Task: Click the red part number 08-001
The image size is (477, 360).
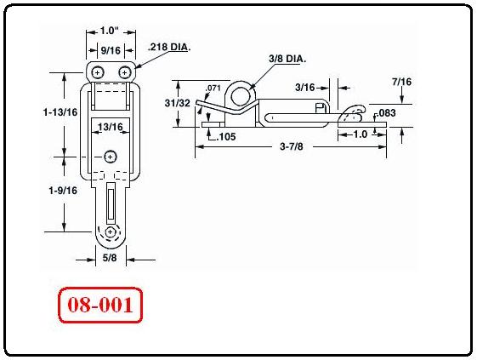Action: pyautogui.click(x=99, y=305)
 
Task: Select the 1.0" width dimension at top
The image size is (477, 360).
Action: pyautogui.click(x=108, y=31)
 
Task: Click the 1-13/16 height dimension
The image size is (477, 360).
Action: pyautogui.click(x=60, y=111)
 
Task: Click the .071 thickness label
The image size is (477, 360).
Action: pyautogui.click(x=213, y=88)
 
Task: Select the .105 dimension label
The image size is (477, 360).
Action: pyautogui.click(x=225, y=136)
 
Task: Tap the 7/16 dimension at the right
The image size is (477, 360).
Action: pyautogui.click(x=401, y=81)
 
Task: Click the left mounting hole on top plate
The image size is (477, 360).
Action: pyautogui.click(x=99, y=73)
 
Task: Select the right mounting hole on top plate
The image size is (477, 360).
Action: pyautogui.click(x=125, y=73)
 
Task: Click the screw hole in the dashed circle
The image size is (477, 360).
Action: pyautogui.click(x=111, y=233)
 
